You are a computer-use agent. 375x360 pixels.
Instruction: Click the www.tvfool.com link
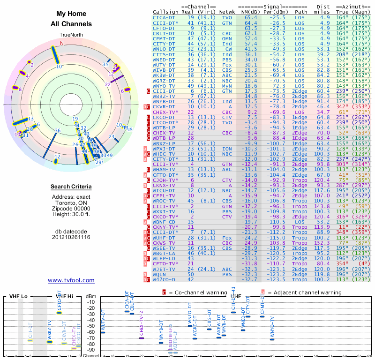(x=71, y=280)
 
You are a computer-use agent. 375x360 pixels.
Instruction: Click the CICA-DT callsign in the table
(x=164, y=17)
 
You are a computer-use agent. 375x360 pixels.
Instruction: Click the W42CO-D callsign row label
(x=165, y=279)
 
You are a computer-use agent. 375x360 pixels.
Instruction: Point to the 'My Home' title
(x=71, y=14)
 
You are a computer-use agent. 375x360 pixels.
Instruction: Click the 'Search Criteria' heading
(x=71, y=187)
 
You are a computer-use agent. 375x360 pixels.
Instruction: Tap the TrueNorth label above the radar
(x=71, y=35)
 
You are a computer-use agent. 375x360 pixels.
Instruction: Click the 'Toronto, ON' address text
(x=71, y=204)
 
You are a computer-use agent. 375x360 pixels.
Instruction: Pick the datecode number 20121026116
(x=71, y=237)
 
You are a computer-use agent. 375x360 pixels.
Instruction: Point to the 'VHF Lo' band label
(x=18, y=296)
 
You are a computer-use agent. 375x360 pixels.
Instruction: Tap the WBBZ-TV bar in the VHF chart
(x=50, y=342)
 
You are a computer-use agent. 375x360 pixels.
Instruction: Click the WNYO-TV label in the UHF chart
(x=272, y=327)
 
